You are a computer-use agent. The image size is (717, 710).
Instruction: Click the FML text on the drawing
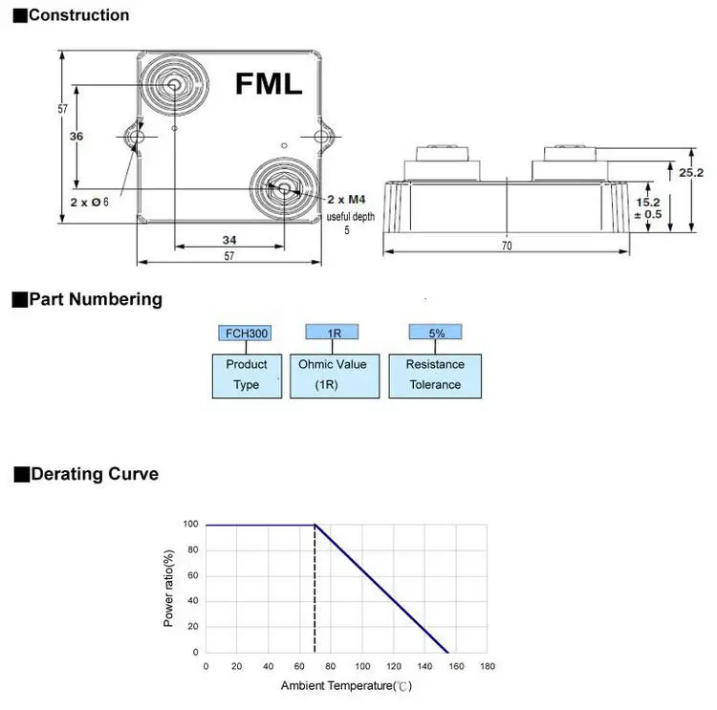pos(269,83)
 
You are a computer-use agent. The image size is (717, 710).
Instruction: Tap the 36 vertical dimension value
pos(76,137)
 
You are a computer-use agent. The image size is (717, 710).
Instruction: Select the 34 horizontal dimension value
pos(228,239)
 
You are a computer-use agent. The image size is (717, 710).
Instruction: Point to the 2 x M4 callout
pos(346,199)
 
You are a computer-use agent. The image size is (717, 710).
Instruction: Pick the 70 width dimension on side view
pos(507,246)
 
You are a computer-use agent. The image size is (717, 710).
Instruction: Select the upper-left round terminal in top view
pos(175,86)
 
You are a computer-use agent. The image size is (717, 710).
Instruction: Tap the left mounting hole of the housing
pos(135,139)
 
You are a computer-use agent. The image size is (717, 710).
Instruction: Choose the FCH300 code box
pos(246,333)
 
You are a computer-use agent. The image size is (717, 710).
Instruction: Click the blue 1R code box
pos(331,333)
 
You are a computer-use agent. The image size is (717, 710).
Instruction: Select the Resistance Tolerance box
pos(435,375)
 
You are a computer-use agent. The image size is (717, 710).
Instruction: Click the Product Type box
pos(247,375)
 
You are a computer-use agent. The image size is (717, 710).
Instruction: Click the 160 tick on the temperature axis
pos(455,666)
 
